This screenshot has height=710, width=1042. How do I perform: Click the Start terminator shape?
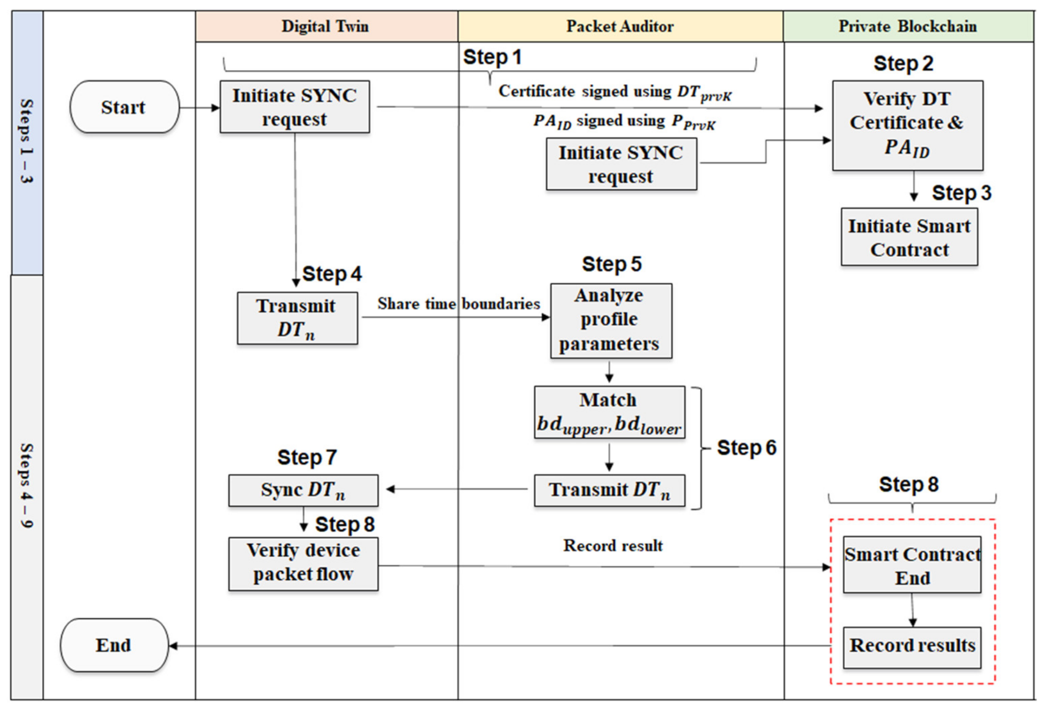[x=124, y=107]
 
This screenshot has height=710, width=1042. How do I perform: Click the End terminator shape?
[x=114, y=645]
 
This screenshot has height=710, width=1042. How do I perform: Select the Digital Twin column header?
[x=326, y=26]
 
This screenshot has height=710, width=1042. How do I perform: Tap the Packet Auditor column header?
[x=620, y=26]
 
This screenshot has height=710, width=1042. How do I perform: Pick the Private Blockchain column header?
[x=907, y=26]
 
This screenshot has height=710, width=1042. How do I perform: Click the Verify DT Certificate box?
[x=907, y=124]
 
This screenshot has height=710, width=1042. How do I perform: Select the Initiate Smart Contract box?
[x=909, y=237]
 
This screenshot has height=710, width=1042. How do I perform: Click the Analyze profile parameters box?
[x=611, y=320]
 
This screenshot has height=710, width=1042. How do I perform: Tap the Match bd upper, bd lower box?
[x=609, y=412]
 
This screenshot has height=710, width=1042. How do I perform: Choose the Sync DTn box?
[x=303, y=490]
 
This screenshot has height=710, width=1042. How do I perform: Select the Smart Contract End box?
[x=912, y=565]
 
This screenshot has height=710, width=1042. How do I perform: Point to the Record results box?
[x=912, y=646]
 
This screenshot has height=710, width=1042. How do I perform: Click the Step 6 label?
[x=746, y=448]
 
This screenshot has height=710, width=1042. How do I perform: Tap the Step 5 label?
[x=611, y=264]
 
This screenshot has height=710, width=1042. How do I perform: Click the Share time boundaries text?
[x=458, y=304]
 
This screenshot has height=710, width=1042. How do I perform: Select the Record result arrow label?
[x=613, y=546]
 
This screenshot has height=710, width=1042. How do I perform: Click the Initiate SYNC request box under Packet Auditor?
[x=621, y=165]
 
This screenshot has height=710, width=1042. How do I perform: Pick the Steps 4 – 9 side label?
[x=27, y=485]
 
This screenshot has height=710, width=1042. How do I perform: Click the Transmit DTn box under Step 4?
[x=297, y=318]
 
